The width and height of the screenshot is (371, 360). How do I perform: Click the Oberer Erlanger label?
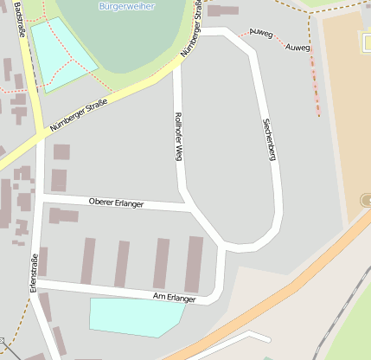coord(116,202)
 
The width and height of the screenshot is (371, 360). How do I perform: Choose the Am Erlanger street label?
coord(174,298)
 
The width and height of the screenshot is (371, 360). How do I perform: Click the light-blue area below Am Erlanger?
coord(134,316)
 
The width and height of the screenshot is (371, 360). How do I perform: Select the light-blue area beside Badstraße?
coord(62,54)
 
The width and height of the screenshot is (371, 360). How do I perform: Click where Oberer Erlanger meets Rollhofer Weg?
coord(189,208)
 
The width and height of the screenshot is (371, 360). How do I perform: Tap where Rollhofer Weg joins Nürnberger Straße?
coord(176,67)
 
